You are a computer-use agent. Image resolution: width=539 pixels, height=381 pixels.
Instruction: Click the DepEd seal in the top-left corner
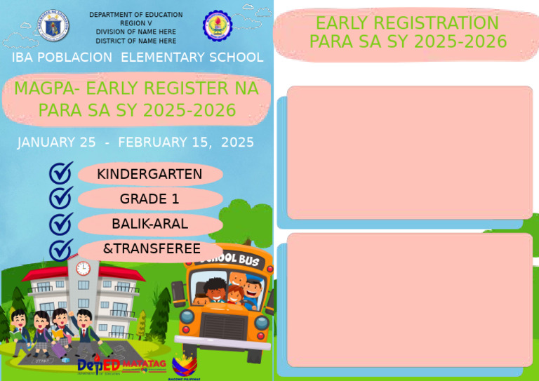coord(53,25)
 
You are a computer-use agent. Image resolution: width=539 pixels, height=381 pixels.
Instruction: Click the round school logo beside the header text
coord(217,25)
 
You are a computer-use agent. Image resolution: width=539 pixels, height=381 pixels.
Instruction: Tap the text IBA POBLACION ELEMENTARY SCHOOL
coord(137,58)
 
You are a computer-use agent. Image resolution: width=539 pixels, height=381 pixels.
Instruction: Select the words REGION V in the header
coord(135,23)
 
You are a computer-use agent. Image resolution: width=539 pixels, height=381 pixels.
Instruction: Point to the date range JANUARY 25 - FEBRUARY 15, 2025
coord(135,142)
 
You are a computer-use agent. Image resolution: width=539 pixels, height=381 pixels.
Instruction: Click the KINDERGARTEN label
coord(149,174)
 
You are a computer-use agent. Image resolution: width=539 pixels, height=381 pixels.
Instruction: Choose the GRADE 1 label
coord(149,199)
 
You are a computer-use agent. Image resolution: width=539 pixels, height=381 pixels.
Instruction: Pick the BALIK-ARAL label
coord(149,224)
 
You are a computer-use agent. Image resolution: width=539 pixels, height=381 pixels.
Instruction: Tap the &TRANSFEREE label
coord(152,249)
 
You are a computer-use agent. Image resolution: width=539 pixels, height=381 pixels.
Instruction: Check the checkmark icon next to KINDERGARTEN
coord(61,173)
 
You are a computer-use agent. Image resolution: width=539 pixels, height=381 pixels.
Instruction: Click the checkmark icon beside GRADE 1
coord(61,197)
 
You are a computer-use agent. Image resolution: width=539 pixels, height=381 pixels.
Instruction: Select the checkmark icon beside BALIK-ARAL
coord(61,223)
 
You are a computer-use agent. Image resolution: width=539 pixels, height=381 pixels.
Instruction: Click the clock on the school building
coord(83,268)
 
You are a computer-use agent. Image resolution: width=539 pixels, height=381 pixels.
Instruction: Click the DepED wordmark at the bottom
coord(98,366)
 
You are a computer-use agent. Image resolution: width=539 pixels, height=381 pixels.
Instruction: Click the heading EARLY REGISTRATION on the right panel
coord(407,23)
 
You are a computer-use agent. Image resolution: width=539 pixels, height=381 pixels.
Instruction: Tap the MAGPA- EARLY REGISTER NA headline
coord(136,89)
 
